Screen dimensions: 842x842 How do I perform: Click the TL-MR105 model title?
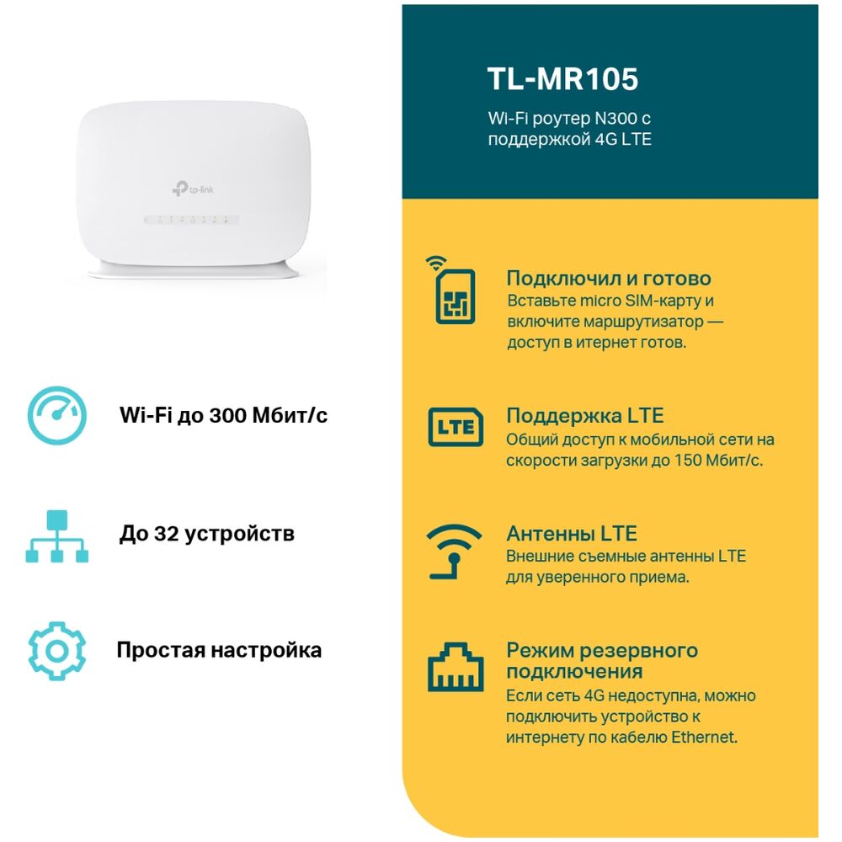[x=562, y=79]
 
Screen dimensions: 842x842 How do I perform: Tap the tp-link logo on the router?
[x=193, y=188]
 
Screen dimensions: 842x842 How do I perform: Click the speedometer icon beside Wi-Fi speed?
[x=57, y=415]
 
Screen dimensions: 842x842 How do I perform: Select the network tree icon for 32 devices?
[x=57, y=536]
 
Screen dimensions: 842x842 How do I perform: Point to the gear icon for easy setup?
[x=57, y=651]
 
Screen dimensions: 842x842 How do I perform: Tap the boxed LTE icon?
[x=456, y=427]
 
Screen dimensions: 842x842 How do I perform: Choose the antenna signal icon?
[x=454, y=552]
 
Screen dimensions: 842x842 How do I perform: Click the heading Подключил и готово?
[x=609, y=278]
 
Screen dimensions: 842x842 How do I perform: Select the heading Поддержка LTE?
[x=585, y=416]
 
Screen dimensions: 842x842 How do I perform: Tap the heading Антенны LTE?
[x=572, y=533]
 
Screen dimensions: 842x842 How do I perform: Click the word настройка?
[x=266, y=650]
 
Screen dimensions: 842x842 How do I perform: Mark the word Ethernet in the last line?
[x=703, y=737]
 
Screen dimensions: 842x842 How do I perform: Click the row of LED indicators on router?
[x=191, y=220]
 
